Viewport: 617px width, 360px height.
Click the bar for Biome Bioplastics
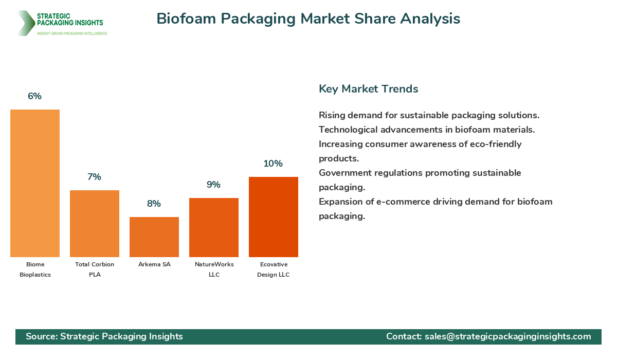point(35,183)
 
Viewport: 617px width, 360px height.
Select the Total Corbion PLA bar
point(95,224)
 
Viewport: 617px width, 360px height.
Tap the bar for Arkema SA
point(154,237)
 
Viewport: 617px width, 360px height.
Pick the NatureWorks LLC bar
point(214,227)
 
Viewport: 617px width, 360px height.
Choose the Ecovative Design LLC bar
point(274,217)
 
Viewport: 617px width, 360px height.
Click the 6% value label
point(35,96)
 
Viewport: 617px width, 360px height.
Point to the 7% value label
point(95,177)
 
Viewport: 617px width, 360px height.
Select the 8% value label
point(154,204)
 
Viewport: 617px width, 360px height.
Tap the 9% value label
point(214,185)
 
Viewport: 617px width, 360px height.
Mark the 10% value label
point(274,164)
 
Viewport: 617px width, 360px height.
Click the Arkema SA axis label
point(154,264)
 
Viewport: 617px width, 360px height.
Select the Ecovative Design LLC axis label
point(274,269)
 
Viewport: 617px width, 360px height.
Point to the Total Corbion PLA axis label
point(95,269)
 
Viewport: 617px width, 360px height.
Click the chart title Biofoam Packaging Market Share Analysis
point(308,19)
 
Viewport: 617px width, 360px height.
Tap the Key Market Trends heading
point(369,88)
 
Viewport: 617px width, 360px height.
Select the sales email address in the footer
point(507,336)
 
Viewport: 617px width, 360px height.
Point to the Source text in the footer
point(104,336)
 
